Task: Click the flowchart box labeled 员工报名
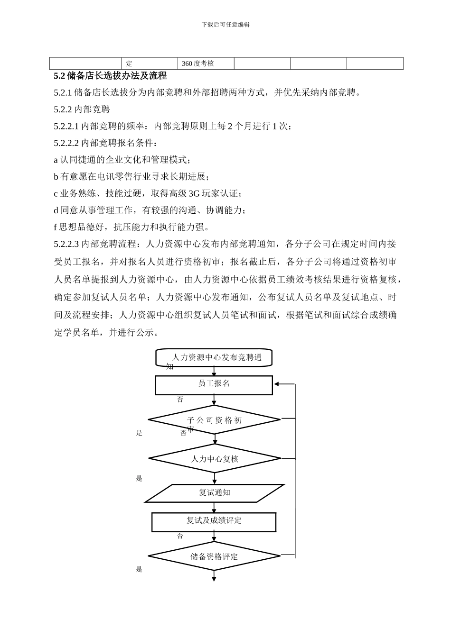click(x=214, y=385)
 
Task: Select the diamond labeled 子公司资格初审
click(x=214, y=419)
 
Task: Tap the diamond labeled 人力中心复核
click(x=215, y=458)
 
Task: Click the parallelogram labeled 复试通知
click(x=215, y=493)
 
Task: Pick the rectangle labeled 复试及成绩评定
click(x=214, y=522)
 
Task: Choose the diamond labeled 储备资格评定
click(x=214, y=556)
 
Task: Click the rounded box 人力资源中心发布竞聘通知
click(x=214, y=358)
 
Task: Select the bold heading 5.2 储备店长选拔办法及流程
click(x=110, y=76)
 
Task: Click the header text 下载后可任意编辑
click(x=225, y=25)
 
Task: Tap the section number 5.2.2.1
click(x=66, y=126)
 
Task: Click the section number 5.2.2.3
click(x=66, y=244)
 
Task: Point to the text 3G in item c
click(x=194, y=193)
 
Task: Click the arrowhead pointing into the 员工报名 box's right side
click(x=277, y=384)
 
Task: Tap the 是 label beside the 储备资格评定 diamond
click(x=139, y=569)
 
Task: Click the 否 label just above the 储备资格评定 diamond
click(x=180, y=536)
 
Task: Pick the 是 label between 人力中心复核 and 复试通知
click(x=139, y=478)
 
